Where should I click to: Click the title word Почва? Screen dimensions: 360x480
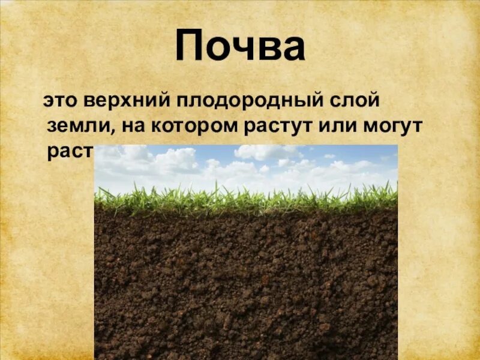click(240, 47)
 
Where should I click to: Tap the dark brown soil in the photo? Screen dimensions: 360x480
click(246, 282)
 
